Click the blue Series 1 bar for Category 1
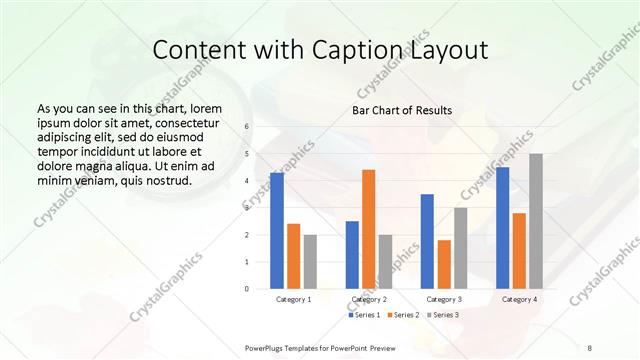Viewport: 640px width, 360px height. coord(277,231)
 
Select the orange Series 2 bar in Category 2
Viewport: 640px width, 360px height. coord(368,229)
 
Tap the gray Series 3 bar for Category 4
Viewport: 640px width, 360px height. coord(536,221)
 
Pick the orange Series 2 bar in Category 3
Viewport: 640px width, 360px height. coord(444,264)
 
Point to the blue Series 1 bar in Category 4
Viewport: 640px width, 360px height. coord(502,228)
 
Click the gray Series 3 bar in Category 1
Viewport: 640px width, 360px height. coord(310,262)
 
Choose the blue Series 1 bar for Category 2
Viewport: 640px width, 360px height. coord(352,255)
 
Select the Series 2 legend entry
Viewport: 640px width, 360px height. coord(402,315)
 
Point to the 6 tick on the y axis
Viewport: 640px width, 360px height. coord(247,127)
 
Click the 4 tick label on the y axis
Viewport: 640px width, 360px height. coord(247,181)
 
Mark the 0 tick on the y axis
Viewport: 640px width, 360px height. coord(247,289)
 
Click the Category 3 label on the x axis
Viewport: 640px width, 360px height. coord(444,299)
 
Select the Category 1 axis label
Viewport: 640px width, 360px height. coord(293,299)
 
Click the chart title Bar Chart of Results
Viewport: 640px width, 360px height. coord(402,110)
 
